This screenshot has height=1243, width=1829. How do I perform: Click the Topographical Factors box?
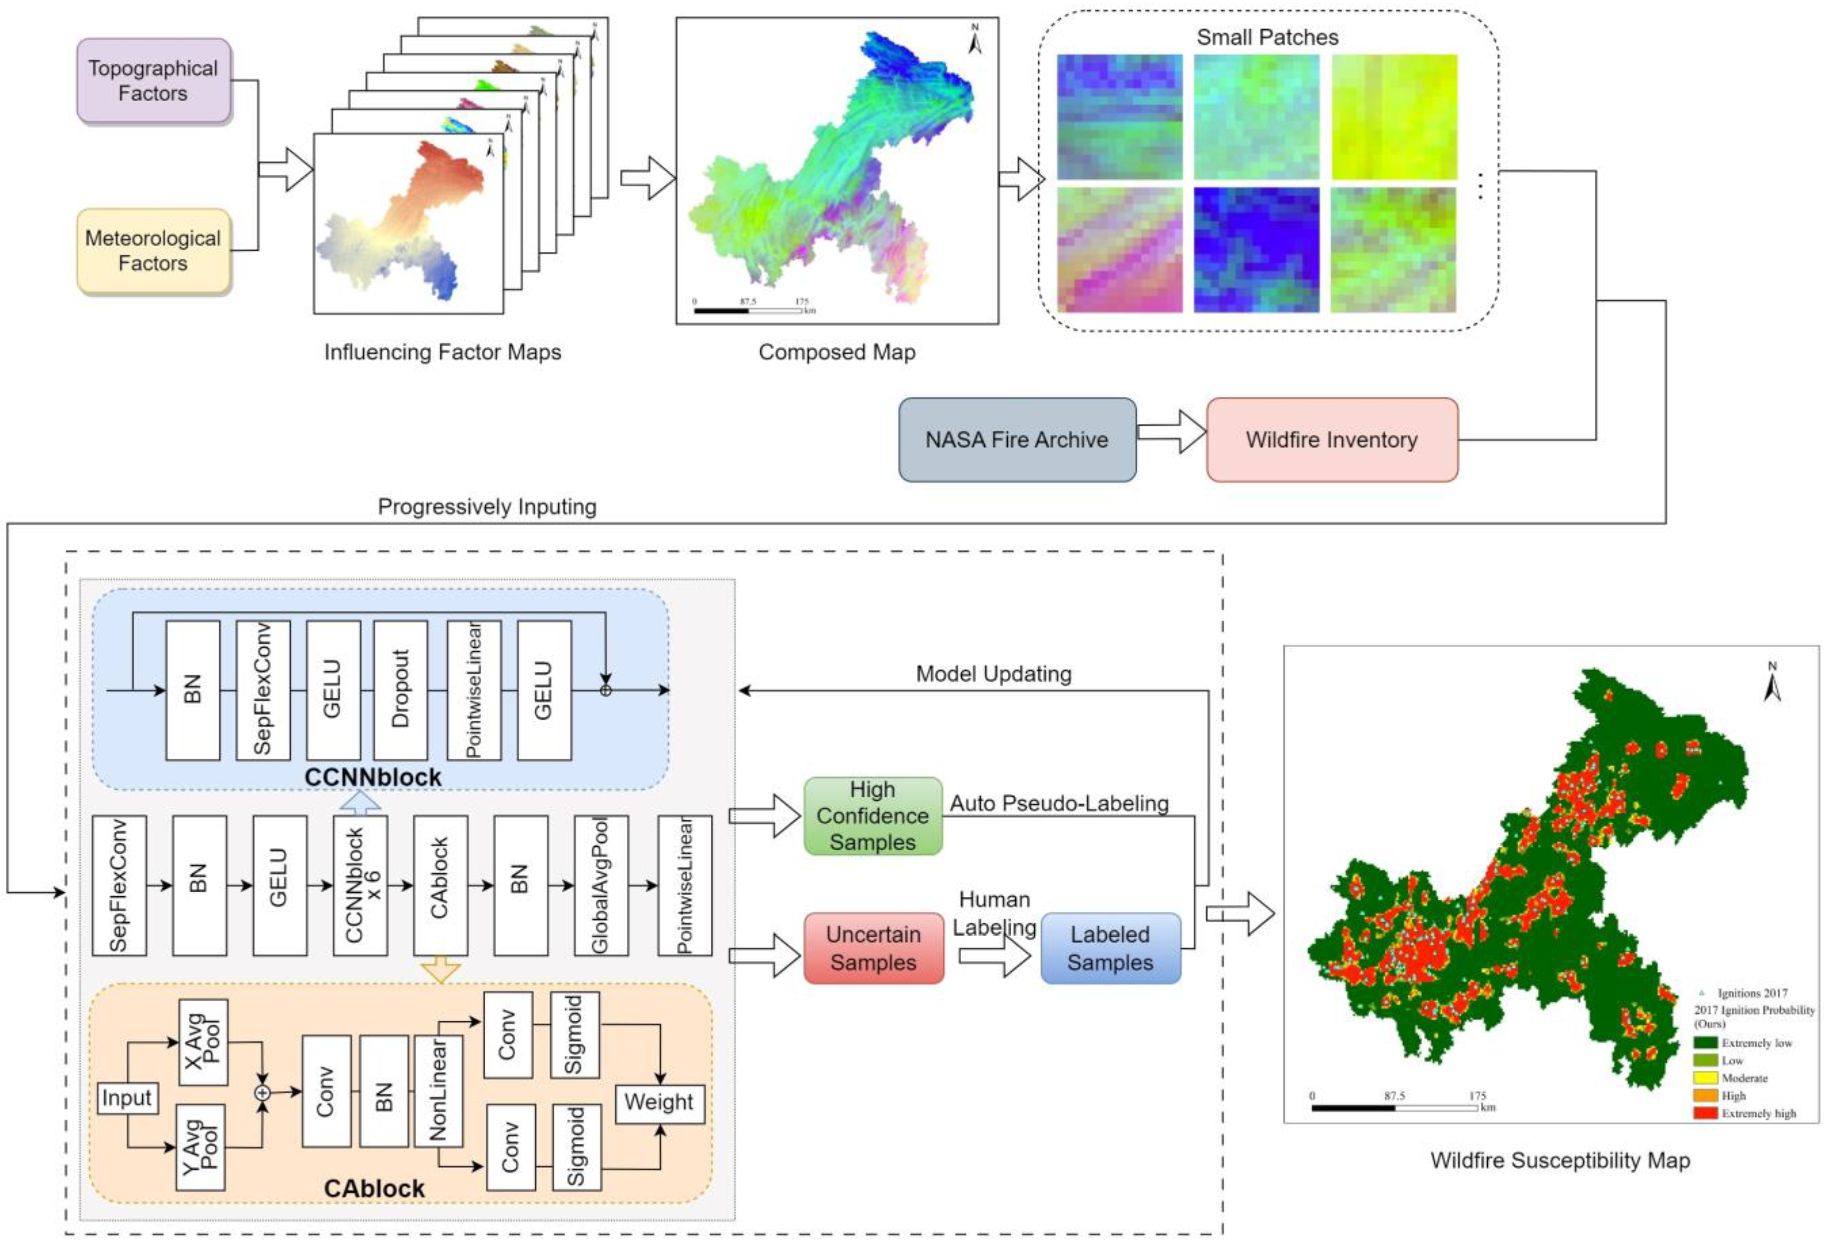[x=154, y=80]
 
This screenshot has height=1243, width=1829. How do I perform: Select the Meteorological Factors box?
[x=154, y=251]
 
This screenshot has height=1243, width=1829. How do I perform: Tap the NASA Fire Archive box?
[x=1017, y=440]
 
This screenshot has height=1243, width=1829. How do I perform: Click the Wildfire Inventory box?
[x=1331, y=440]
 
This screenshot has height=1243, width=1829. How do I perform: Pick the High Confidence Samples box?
[x=873, y=816]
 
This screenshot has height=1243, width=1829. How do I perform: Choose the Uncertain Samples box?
[x=873, y=948]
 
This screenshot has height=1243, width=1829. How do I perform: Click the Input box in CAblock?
[x=127, y=1098]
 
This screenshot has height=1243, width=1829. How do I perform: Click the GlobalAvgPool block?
[x=600, y=885]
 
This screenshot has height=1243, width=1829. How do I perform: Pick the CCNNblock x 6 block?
[x=360, y=885]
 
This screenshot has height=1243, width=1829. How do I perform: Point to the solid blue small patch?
[x=1256, y=250]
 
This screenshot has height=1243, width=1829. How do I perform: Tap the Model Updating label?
[x=993, y=673]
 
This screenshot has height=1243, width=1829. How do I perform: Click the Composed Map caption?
[x=837, y=352]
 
